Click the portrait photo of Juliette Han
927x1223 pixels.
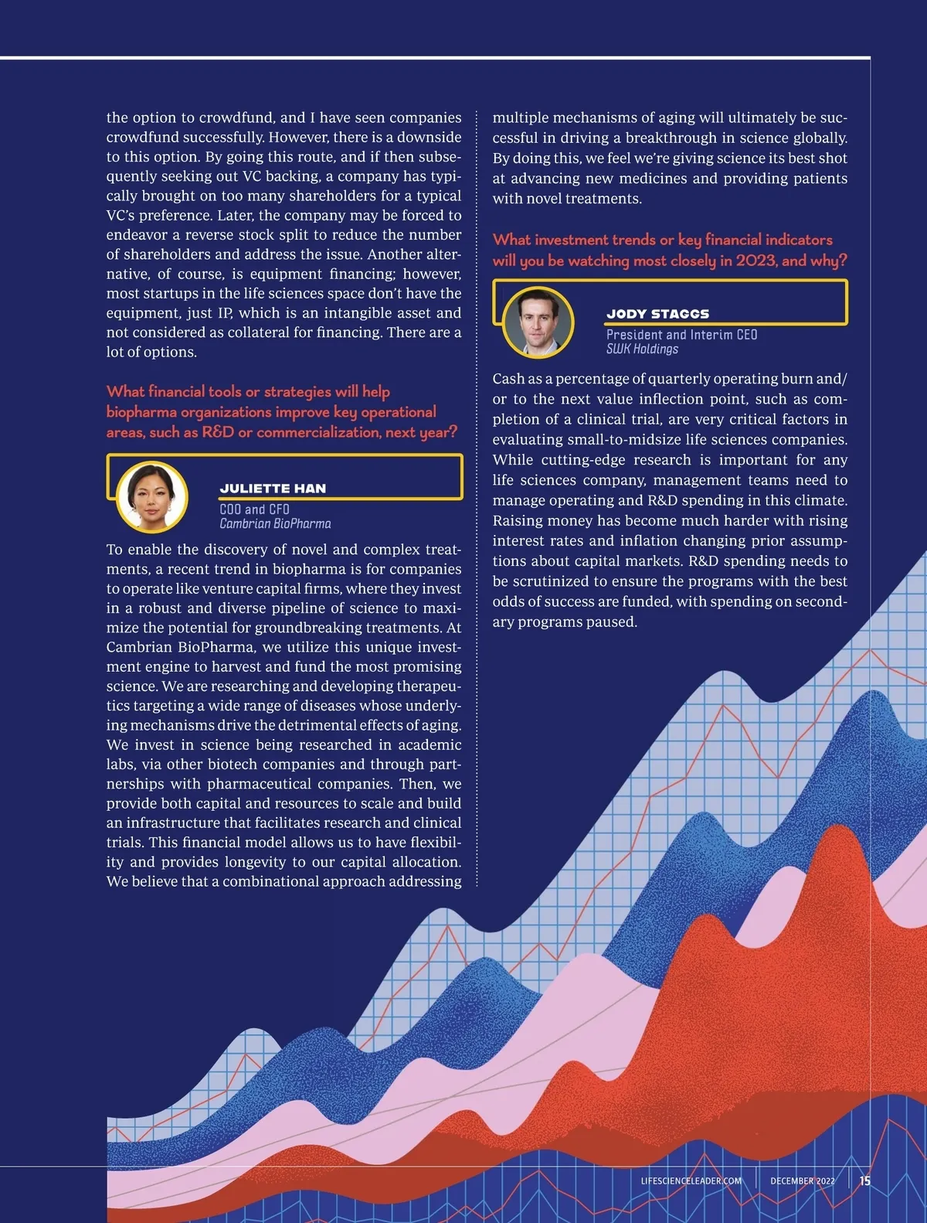click(x=151, y=497)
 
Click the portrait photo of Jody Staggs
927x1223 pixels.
click(x=538, y=322)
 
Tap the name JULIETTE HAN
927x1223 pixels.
click(x=273, y=489)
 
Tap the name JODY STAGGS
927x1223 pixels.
click(x=657, y=314)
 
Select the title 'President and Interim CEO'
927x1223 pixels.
click(x=681, y=335)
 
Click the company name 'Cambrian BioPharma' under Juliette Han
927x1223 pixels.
click(x=275, y=524)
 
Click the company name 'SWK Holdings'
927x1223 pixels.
click(x=642, y=349)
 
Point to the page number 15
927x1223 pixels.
click(x=864, y=1180)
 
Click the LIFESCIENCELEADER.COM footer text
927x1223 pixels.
click(x=691, y=1181)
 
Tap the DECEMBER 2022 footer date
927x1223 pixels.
click(x=802, y=1181)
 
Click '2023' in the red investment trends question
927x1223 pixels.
click(x=756, y=261)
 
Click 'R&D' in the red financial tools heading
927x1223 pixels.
click(x=218, y=432)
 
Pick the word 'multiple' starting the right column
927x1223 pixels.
click(x=519, y=118)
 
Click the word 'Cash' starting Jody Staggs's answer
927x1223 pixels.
click(x=508, y=379)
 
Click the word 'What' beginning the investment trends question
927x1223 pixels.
click(x=511, y=240)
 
